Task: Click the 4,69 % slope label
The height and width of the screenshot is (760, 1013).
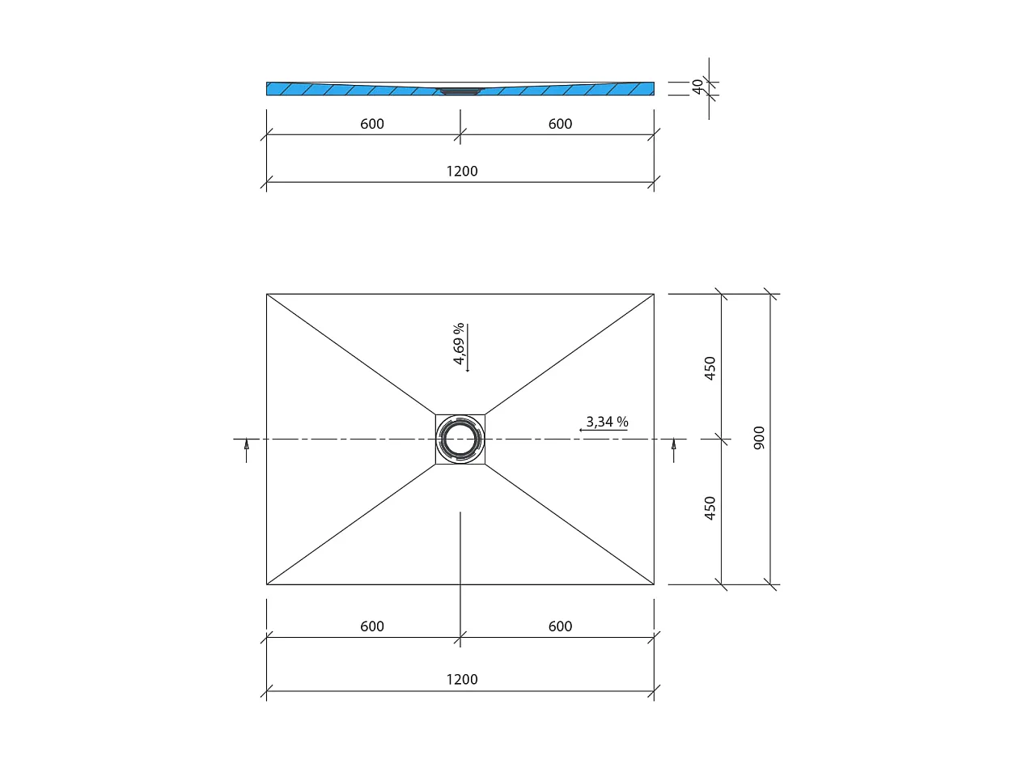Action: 459,345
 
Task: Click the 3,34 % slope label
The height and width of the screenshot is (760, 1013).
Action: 607,422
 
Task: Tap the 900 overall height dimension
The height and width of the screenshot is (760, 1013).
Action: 759,438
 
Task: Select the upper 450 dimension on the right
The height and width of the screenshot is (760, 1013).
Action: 710,368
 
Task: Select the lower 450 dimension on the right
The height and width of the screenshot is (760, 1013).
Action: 710,508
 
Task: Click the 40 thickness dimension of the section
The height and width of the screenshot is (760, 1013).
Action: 697,87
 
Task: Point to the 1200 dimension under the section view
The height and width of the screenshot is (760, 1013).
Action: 461,171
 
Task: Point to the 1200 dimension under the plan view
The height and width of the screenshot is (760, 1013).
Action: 461,679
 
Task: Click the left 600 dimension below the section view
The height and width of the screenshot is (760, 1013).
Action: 371,124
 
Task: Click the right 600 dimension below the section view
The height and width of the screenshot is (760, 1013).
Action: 559,124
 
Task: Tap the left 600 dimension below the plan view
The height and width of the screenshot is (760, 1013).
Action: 371,626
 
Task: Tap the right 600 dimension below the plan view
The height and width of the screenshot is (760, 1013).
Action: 559,626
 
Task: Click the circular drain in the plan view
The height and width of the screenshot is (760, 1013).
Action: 460,439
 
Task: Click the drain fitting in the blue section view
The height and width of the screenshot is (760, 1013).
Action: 460,91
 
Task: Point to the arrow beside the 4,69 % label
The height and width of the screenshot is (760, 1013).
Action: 468,348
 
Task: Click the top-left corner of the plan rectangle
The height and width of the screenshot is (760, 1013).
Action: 267,294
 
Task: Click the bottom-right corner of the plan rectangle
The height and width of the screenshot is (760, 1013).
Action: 653,584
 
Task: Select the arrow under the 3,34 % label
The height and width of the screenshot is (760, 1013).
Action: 603,431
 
